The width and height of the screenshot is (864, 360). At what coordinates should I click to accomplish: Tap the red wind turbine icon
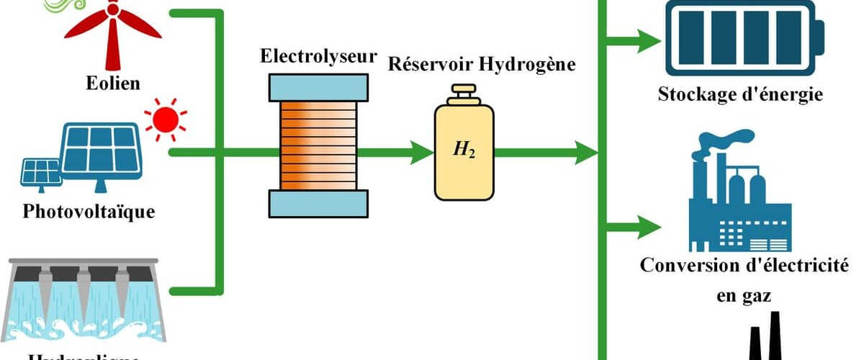[112, 32]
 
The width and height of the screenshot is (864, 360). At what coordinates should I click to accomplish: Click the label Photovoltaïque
[89, 212]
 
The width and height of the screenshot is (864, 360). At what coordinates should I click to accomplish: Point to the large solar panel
[100, 148]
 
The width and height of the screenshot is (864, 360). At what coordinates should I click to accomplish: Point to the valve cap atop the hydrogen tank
[464, 94]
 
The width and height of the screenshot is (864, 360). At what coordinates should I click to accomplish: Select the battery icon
[746, 37]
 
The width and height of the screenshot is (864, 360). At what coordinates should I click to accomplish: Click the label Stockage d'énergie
[740, 95]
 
